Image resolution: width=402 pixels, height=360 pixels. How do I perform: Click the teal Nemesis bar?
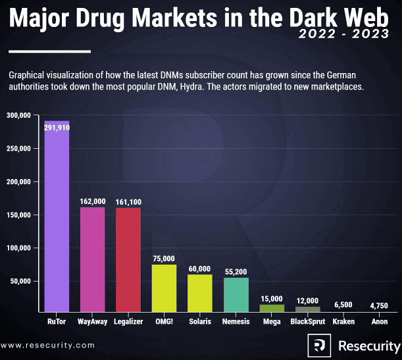click(236, 294)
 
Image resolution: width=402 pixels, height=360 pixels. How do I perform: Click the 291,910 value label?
click(57, 128)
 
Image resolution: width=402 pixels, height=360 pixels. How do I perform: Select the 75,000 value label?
click(164, 259)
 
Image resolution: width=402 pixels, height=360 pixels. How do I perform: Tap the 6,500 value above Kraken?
click(343, 305)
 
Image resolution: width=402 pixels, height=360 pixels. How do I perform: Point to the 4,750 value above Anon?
click(379, 305)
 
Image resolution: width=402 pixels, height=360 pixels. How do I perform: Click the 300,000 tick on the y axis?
click(20, 115)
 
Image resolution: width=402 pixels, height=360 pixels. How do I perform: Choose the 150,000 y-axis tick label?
click(20, 215)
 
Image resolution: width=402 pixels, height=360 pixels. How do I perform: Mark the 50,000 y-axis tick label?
click(22, 282)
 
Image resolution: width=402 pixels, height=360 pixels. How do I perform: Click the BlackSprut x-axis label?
click(307, 322)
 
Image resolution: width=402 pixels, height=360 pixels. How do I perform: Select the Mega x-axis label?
click(271, 322)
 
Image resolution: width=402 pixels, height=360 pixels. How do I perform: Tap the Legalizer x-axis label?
click(128, 322)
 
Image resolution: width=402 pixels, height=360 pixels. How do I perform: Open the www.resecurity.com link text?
click(47, 345)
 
